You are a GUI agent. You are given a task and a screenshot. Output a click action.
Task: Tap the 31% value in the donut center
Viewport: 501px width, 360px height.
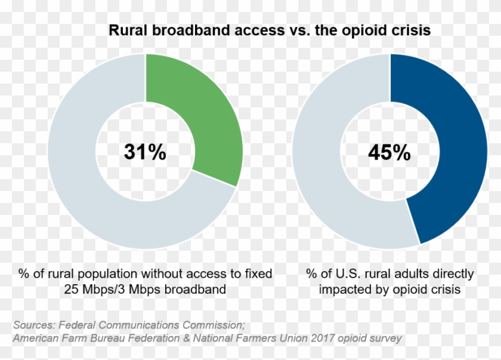point(145,152)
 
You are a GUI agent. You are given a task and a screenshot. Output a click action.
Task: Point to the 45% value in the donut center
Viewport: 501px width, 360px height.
point(389,153)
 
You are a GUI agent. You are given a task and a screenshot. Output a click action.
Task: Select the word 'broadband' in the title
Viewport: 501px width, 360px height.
point(192,30)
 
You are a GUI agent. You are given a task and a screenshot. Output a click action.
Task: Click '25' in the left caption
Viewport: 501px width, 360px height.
point(70,290)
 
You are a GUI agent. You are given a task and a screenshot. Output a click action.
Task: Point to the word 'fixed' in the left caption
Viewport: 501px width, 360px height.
point(258,274)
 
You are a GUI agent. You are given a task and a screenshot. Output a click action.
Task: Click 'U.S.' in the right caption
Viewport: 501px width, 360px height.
point(345,274)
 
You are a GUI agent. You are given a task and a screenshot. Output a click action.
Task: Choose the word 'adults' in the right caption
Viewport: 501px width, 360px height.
point(414,274)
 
